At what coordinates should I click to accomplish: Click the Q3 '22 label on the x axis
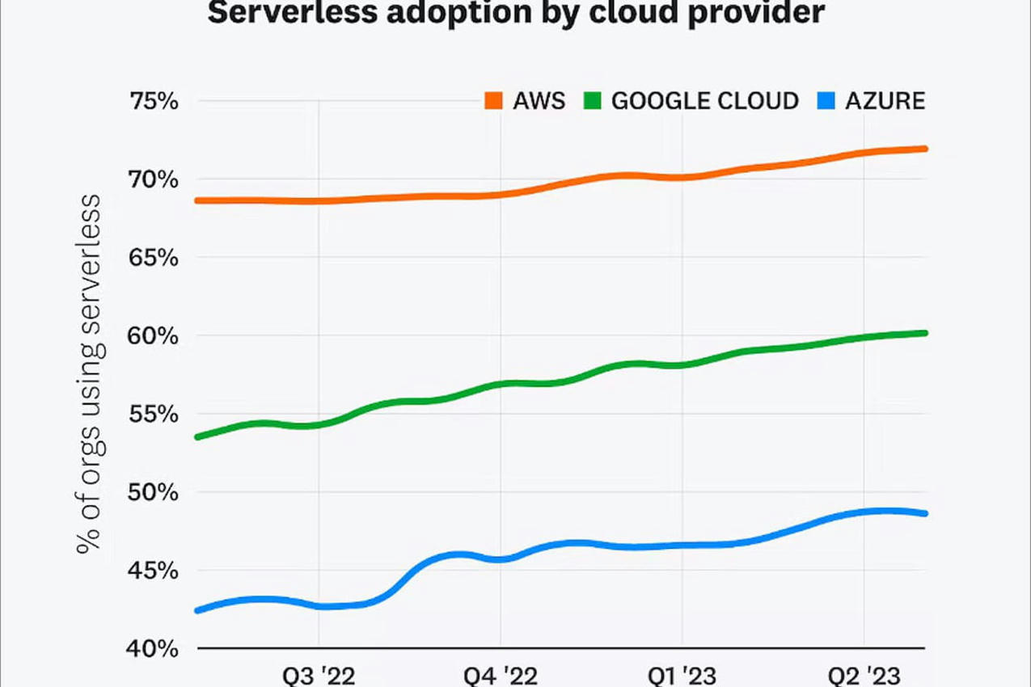pos(319,675)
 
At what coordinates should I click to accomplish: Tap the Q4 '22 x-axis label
pos(501,675)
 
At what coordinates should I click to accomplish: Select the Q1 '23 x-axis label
pos(682,675)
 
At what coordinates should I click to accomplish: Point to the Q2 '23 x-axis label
pos(864,675)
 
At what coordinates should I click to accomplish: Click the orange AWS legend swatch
pos(493,101)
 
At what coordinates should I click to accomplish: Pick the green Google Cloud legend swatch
pos(592,101)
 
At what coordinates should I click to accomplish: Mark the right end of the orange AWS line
pos(924,149)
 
